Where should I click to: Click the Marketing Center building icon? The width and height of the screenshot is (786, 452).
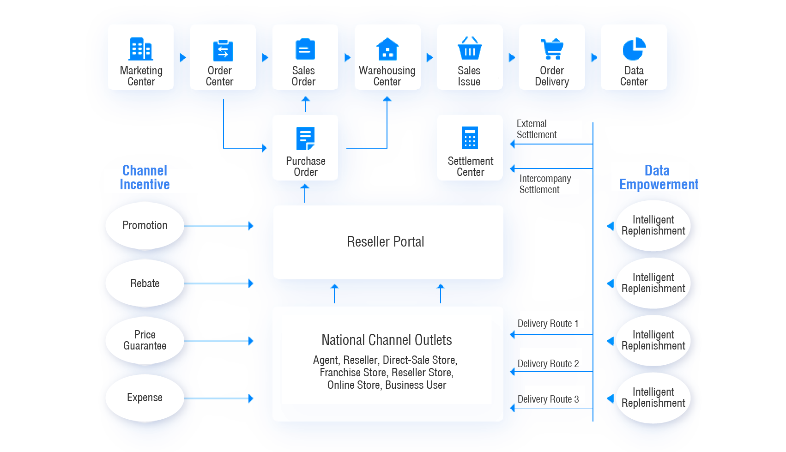point(141,49)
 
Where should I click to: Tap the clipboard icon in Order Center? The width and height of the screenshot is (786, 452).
point(223,50)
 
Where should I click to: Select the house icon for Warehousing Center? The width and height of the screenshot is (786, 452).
point(387,49)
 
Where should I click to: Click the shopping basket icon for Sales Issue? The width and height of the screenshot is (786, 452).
point(469,49)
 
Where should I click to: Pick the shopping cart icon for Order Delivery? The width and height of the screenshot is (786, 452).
point(552,49)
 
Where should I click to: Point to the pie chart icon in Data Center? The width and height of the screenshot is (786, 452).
point(634,49)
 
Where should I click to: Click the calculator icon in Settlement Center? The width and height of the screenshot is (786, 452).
point(470,138)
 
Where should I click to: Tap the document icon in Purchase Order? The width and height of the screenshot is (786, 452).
point(305,139)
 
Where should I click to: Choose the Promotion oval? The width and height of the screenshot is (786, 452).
point(145,225)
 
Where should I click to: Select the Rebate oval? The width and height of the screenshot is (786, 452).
point(145,283)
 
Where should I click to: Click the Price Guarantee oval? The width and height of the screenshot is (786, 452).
point(145,340)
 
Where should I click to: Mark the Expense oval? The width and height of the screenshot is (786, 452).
point(145,398)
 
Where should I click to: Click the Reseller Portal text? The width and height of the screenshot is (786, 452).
point(385,241)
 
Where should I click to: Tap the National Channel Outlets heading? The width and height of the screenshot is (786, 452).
point(387,340)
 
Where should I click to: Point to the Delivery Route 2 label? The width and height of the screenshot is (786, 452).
point(548,363)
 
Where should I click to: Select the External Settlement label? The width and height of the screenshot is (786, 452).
point(537,129)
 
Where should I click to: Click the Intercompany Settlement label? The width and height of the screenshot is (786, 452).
point(545,184)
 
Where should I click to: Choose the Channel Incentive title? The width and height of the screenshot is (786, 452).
point(145,178)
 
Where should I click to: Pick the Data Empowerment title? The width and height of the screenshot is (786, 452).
point(657,178)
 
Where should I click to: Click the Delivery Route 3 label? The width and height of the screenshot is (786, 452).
point(548,399)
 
